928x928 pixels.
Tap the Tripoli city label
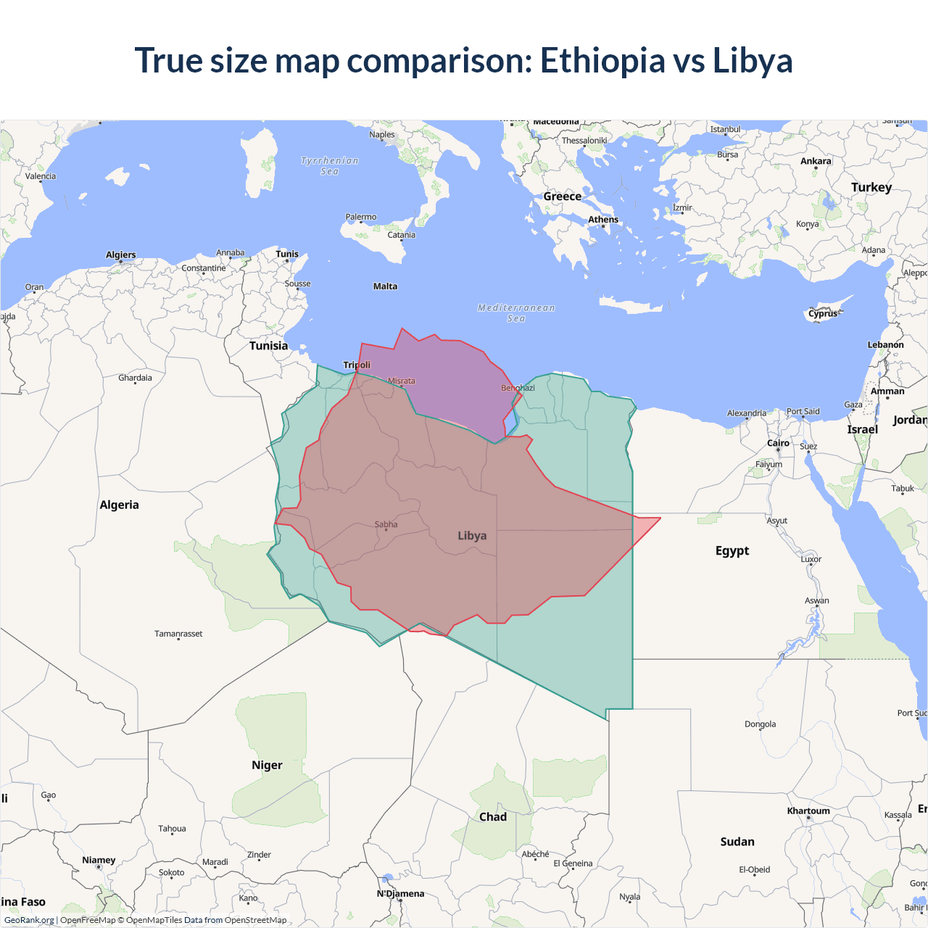[357, 365]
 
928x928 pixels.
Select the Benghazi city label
[518, 388]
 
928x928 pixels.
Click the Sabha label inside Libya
[386, 524]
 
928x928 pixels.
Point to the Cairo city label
[778, 443]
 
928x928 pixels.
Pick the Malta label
[385, 286]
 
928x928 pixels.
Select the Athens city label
[603, 220]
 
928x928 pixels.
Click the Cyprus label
[823, 314]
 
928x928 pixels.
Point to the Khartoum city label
[808, 811]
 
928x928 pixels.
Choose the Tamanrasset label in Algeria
[178, 634]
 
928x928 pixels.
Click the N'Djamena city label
[400, 893]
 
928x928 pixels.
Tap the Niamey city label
[99, 860]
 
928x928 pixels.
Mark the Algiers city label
[120, 254]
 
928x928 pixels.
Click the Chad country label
[493, 817]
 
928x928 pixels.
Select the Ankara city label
[816, 161]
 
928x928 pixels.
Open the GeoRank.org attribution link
[29, 920]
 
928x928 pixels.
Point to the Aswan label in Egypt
[816, 600]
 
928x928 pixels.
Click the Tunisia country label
[268, 346]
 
